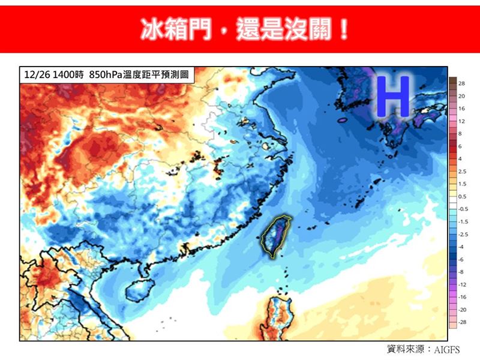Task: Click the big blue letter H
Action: [x=393, y=96]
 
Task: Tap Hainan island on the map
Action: [x=136, y=287]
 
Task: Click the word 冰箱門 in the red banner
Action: [x=175, y=28]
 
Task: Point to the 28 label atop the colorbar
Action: [x=461, y=83]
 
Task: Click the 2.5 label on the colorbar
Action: [x=462, y=172]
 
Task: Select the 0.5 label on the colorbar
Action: [x=462, y=196]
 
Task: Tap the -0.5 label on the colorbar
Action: [x=463, y=209]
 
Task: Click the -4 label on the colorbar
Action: [x=461, y=247]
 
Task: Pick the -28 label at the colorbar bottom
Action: [x=462, y=322]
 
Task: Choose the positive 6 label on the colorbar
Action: [x=460, y=146]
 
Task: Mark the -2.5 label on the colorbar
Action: [x=463, y=234]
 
